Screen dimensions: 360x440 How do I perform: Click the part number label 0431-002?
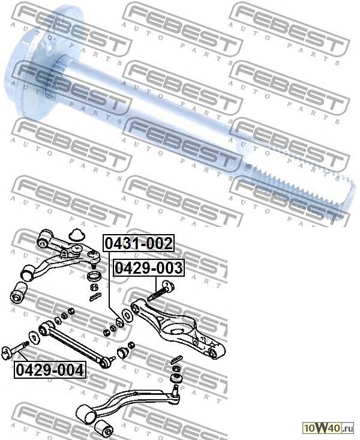(139, 243)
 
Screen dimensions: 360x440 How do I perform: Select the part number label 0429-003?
(149, 268)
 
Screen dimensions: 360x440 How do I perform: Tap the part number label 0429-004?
(50, 370)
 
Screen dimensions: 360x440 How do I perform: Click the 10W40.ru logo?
(328, 428)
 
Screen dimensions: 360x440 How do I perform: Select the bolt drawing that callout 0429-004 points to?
(14, 350)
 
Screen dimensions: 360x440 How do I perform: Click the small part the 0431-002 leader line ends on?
(120, 323)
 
